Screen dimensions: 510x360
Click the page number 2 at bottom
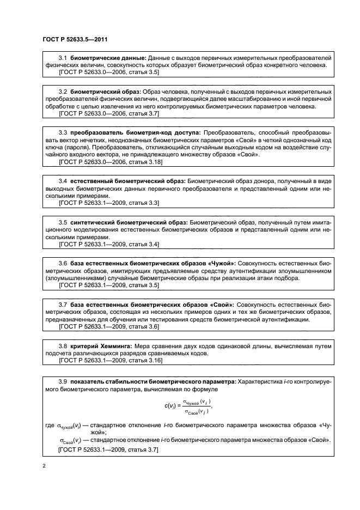[x=44, y=466]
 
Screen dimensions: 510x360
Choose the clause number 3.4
[x=63, y=180]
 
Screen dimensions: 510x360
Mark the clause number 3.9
[x=63, y=381]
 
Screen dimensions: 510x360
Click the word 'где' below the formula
[x=48, y=425]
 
